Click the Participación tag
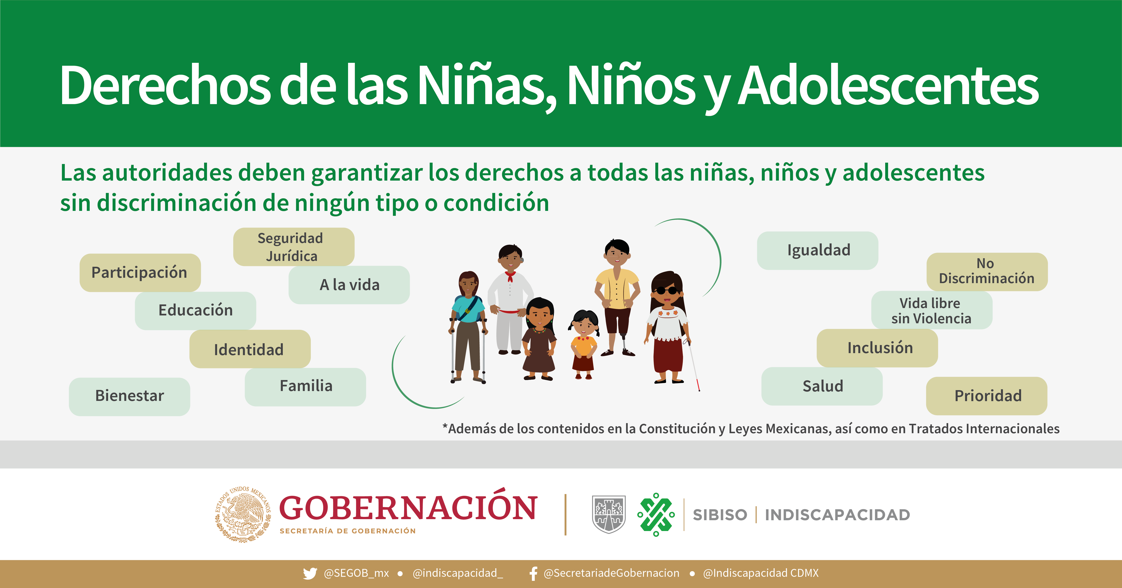[x=140, y=273]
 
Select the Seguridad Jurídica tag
[x=294, y=247]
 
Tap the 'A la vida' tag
[x=349, y=285]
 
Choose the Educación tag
[x=195, y=310]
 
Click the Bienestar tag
[x=129, y=396]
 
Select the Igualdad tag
[x=817, y=250]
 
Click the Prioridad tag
[x=987, y=396]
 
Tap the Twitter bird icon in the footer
[x=310, y=573]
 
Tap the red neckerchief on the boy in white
[x=510, y=276]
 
